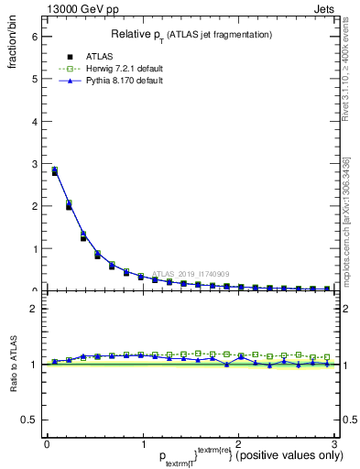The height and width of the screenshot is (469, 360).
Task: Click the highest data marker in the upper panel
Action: point(55,171)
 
